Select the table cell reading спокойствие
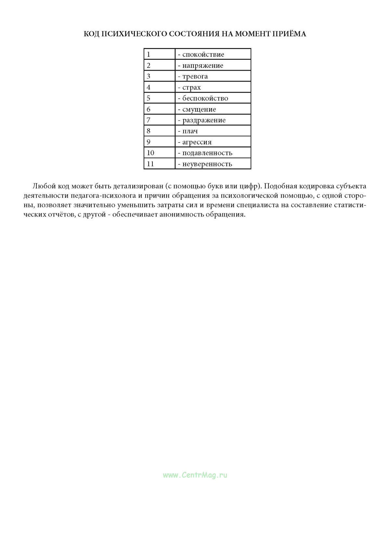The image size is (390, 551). coord(203,55)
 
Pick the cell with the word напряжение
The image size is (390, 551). coord(202,66)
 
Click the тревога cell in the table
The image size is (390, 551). coord(195,77)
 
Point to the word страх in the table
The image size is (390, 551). coord(191,88)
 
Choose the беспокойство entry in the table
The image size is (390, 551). coord(205,98)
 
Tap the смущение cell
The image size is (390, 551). coord(199,109)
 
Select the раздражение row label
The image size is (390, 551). coord(204,120)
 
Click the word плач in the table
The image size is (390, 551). coord(190,131)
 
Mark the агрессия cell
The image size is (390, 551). coord(197,142)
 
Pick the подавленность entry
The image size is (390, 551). coord(207,153)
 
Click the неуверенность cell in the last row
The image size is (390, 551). coord(207,164)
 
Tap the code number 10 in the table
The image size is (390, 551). coord(150,153)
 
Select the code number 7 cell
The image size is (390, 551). coord(149,120)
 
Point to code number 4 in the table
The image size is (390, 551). coord(149,87)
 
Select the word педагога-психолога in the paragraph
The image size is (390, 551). coord(103,196)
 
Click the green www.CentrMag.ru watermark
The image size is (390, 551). coord(195,475)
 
